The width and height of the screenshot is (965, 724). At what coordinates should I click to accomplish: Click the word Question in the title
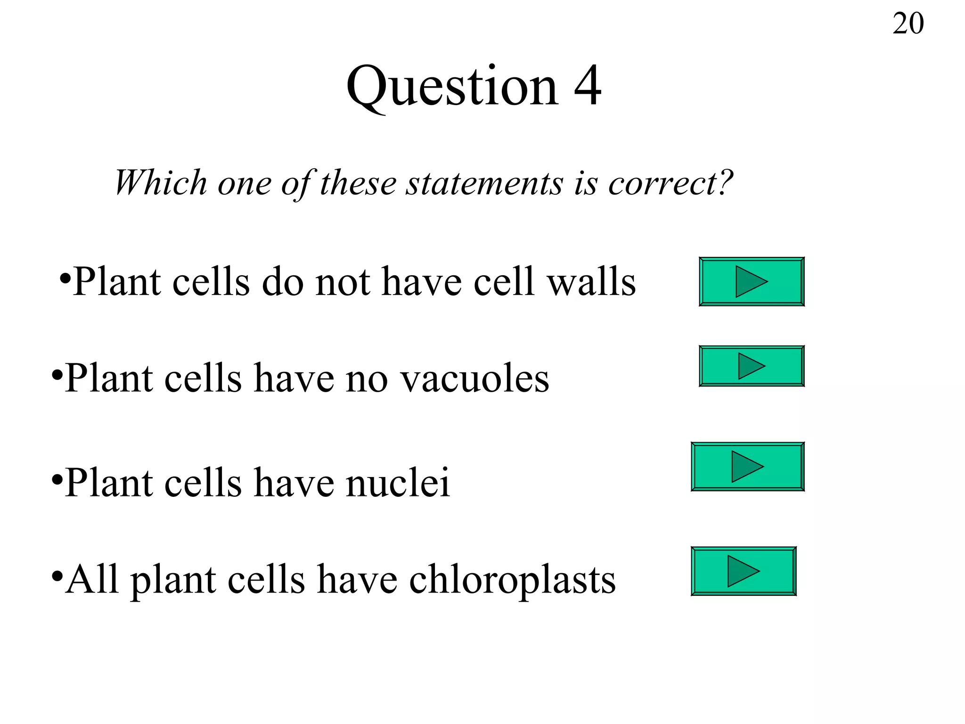452,87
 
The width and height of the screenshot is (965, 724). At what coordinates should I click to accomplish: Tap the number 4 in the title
587,86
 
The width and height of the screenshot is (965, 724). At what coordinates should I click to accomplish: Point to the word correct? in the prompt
670,182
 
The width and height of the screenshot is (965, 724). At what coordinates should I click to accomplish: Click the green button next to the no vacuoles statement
752,366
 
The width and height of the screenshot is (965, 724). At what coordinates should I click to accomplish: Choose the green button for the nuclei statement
747,467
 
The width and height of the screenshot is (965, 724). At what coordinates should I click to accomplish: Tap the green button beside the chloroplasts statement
744,571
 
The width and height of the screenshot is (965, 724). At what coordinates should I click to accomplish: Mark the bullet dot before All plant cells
57,576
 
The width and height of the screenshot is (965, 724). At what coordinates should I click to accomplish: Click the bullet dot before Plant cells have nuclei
57,480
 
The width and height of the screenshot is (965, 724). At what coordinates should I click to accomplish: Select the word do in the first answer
282,282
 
